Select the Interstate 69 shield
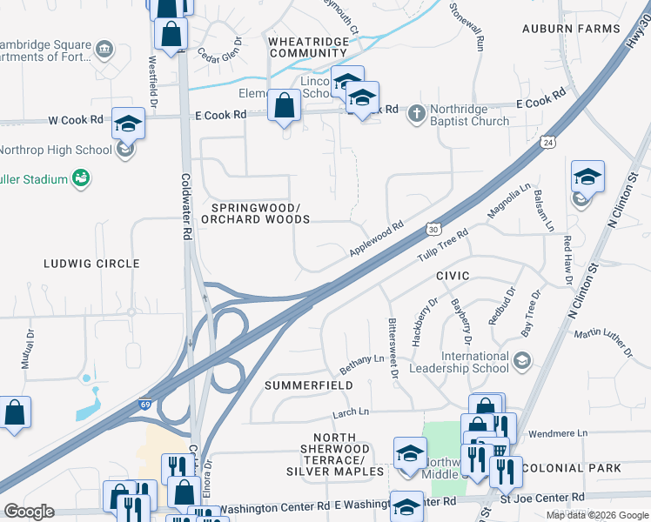147,405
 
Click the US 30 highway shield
433,229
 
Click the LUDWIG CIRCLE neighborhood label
91,263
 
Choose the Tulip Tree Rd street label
442,245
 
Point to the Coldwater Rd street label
185,205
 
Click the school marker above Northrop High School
128,124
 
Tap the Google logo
29,511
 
